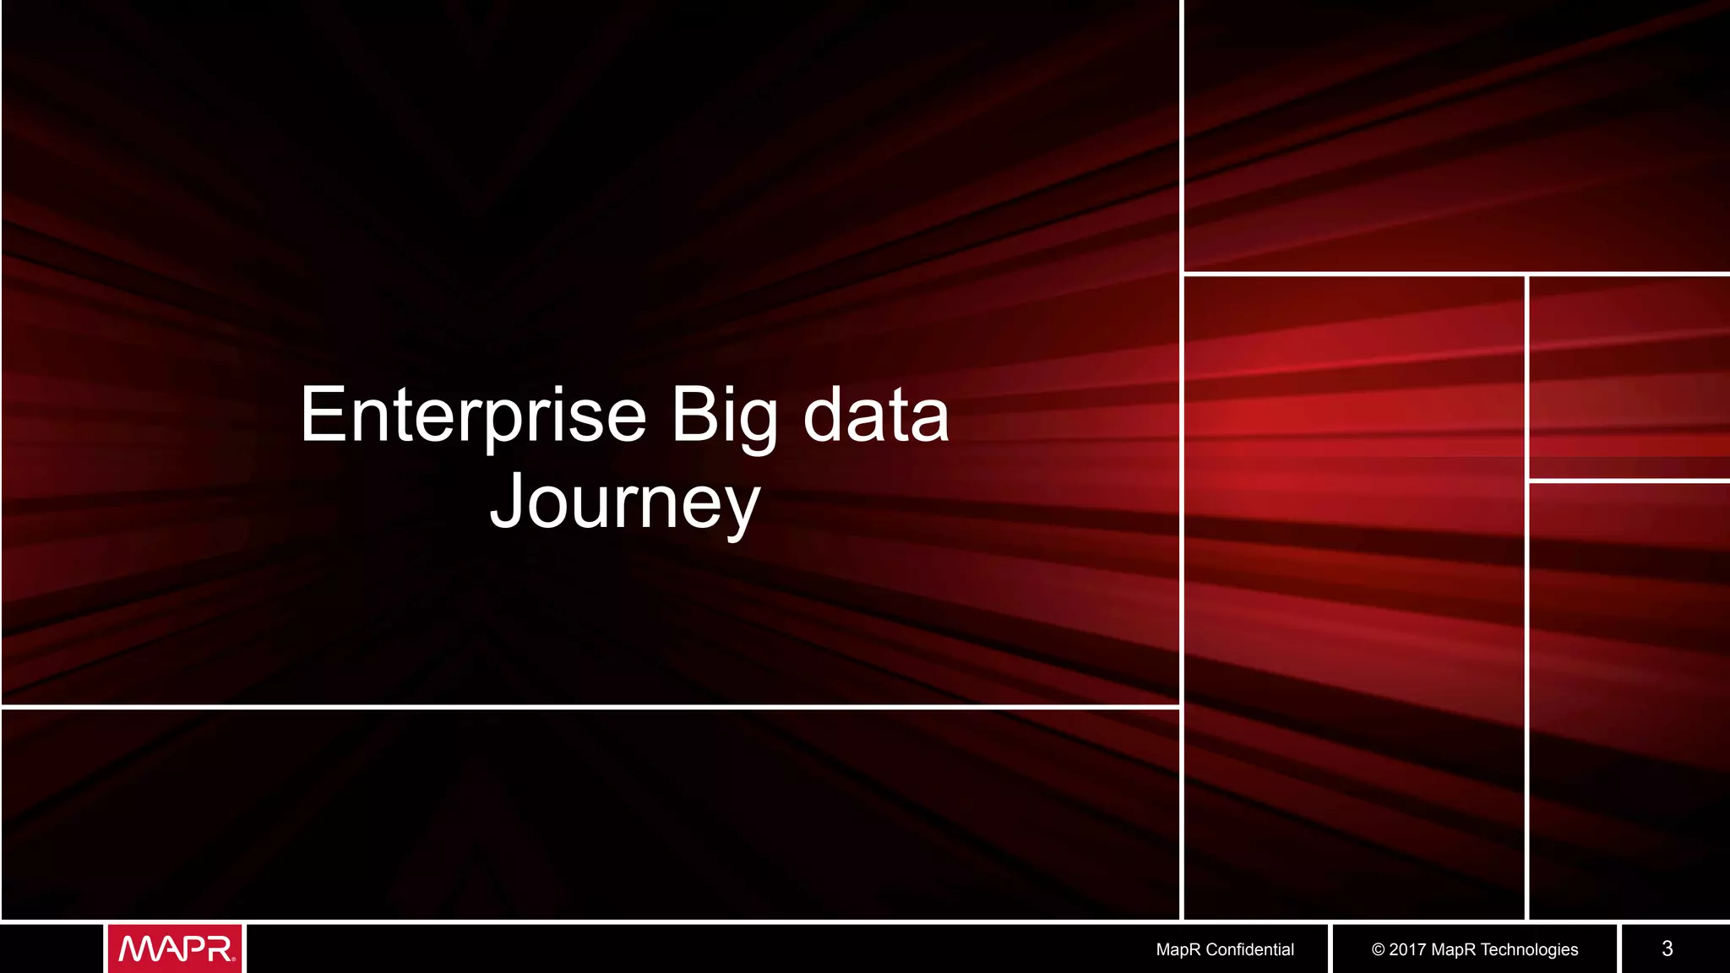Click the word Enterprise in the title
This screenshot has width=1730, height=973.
473,416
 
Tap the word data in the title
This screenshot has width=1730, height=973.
876,416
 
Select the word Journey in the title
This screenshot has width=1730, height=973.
625,503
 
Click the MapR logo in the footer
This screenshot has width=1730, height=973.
176,949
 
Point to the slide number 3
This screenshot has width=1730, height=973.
1667,949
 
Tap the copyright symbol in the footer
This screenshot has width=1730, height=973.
1378,949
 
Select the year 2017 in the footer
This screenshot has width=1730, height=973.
1408,949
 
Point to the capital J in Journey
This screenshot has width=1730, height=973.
509,501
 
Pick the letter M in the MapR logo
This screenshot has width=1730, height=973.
137,949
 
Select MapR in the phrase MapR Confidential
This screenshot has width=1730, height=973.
1178,949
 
